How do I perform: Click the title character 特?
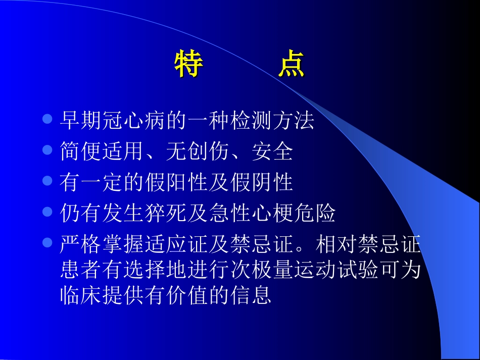point(189,65)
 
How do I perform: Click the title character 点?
point(292,65)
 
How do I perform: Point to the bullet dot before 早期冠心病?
point(48,120)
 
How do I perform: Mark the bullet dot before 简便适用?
point(48,150)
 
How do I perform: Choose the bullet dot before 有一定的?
point(48,181)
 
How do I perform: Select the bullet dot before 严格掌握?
point(48,243)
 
